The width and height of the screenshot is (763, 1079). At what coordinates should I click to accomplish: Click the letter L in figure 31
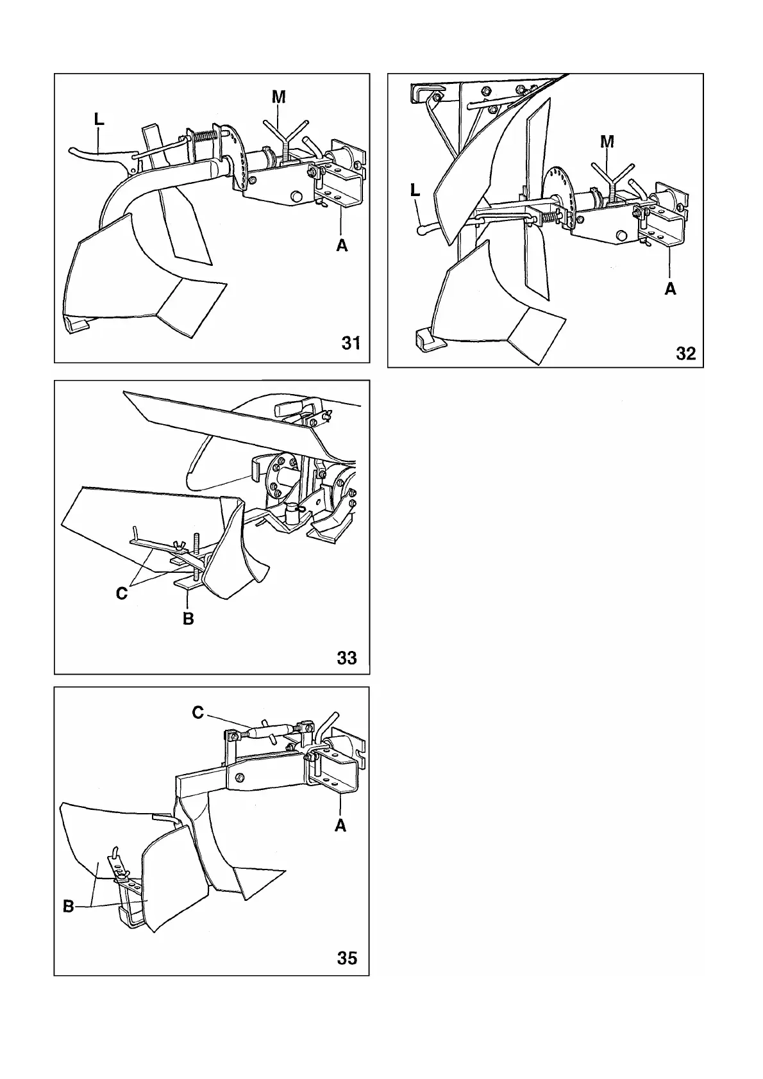99,119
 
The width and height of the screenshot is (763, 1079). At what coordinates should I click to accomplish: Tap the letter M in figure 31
279,97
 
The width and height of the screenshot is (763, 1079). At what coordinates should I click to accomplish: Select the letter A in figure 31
342,245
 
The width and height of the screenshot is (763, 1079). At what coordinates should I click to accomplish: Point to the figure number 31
351,343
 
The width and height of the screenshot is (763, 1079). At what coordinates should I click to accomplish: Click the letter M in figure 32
607,142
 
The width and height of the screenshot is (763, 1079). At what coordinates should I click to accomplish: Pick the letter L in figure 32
415,190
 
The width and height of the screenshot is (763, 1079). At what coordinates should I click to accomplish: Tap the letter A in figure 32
670,289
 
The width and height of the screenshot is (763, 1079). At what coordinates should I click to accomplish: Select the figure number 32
685,354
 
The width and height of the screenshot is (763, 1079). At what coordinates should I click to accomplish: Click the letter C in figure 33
122,594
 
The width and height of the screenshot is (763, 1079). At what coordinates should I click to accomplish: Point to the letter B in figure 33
188,619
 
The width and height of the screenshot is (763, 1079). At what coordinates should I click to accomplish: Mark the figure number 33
347,658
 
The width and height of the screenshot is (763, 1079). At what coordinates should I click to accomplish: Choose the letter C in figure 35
198,712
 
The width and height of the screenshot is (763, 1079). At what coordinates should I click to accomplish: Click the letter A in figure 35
340,826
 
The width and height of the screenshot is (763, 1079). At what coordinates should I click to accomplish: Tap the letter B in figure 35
68,907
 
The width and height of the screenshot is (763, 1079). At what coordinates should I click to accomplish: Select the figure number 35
347,959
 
